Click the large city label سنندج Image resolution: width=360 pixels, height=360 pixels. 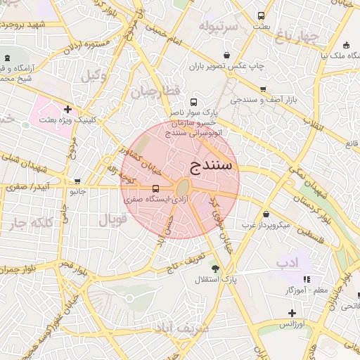215,167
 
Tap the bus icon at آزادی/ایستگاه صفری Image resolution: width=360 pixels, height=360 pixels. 155,188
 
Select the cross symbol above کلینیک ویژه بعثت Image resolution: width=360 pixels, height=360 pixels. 67,109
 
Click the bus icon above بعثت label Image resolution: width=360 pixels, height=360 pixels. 262,15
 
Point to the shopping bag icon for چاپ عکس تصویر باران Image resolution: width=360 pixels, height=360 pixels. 226,55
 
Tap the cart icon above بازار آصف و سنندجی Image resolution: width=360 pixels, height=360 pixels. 263,89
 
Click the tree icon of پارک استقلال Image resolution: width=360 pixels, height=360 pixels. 214,268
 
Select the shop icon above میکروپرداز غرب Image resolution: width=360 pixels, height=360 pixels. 266,214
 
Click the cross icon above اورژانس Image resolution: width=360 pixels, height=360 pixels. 292,312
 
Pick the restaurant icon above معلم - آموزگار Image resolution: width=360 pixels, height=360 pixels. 307,278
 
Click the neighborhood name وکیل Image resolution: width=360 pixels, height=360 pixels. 95,75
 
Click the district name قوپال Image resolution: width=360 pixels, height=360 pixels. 112,220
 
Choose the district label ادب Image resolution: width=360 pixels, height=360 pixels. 288,263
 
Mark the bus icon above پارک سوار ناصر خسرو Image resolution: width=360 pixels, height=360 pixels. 194,102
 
